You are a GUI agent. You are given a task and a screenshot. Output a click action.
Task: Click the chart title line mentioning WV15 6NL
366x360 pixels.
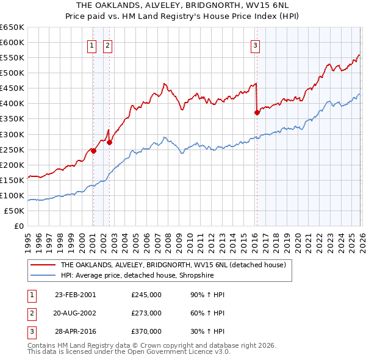point(182,5)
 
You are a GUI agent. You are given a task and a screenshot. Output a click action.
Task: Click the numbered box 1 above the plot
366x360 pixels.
point(92,45)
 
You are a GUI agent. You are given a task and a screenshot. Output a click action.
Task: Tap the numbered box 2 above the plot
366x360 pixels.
point(107,45)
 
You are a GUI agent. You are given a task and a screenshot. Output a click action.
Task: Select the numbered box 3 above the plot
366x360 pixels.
point(255,45)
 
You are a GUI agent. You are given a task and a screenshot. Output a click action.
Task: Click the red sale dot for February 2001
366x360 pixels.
point(93,150)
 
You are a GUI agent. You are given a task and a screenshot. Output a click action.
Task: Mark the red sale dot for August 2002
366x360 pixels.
point(110,142)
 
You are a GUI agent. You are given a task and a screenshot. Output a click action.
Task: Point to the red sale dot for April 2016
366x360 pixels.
point(257,112)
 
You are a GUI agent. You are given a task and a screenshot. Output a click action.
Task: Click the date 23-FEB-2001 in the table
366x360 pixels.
point(75,295)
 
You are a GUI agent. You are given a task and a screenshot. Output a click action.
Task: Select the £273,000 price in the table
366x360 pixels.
point(146,313)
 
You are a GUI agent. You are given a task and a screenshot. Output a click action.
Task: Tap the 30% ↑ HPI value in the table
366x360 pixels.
point(207,331)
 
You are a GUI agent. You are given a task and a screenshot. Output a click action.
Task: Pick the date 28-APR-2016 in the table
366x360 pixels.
point(75,331)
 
